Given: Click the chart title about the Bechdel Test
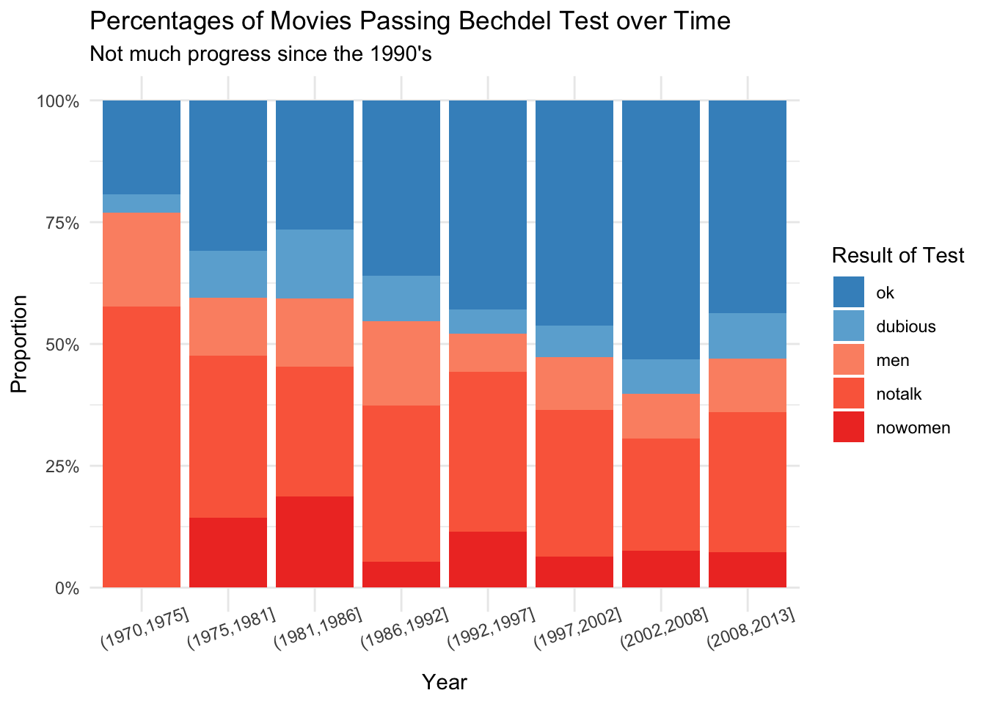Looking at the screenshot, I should [x=409, y=21].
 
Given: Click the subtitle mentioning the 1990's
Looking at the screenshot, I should [x=260, y=54].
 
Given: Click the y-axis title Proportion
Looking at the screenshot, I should [x=20, y=344].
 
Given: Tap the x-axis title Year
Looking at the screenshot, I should [x=445, y=683].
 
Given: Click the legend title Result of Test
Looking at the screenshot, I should [x=898, y=255].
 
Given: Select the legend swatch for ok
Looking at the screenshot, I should [x=849, y=292].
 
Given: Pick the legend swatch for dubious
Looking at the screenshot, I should [x=849, y=326].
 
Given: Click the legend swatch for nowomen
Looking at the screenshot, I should [x=849, y=428].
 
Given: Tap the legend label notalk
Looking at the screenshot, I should [x=898, y=395].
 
